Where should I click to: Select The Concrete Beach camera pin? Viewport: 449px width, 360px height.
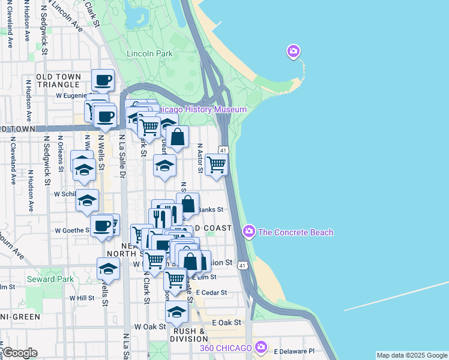click(249, 231)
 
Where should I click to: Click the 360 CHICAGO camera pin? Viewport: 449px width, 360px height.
click(261, 347)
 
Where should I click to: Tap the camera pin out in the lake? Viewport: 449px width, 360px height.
click(294, 52)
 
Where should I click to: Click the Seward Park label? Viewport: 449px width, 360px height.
click(50, 279)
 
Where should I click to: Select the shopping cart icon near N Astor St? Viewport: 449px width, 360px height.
click(216, 164)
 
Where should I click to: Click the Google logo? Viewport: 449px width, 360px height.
click(19, 352)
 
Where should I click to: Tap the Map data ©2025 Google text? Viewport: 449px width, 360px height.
click(411, 355)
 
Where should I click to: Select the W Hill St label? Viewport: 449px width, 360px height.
click(82, 298)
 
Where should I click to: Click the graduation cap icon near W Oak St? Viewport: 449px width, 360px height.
click(176, 311)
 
